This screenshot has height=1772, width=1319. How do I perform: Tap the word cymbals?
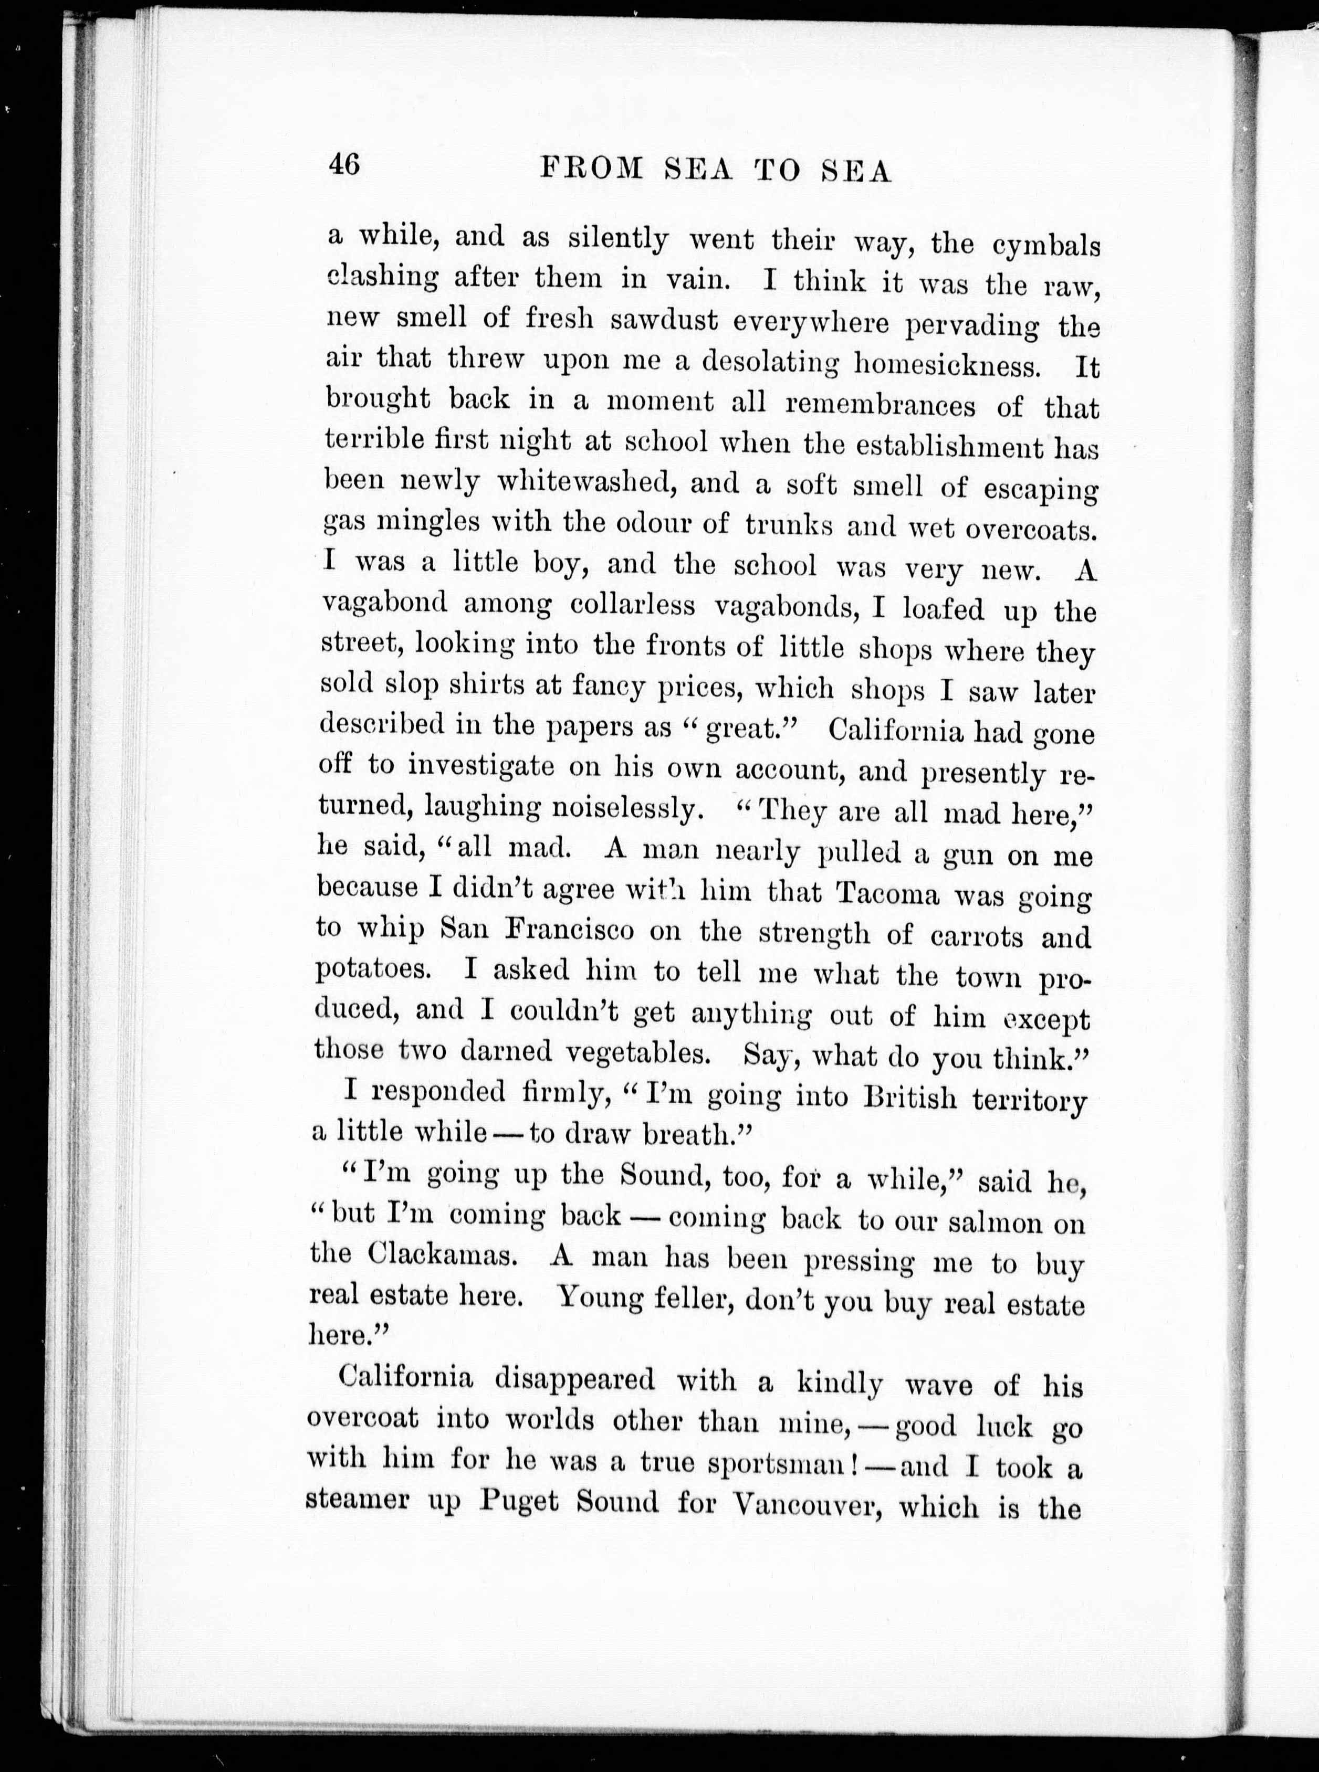pyautogui.click(x=1046, y=246)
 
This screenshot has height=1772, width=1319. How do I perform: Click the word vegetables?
pyautogui.click(x=636, y=1053)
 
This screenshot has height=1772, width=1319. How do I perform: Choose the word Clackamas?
pyautogui.click(x=446, y=1256)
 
